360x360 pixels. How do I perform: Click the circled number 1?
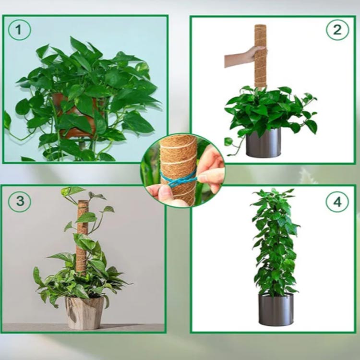[19, 30]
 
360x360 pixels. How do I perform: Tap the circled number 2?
[337, 30]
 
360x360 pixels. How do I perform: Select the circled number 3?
[19, 201]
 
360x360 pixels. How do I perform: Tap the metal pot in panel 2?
[264, 143]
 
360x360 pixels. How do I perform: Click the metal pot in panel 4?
[276, 309]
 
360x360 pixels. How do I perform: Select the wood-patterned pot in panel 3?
[84, 312]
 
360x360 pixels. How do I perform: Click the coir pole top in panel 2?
[260, 26]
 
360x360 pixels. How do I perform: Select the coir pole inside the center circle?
[179, 170]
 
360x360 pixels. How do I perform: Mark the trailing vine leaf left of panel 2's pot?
[228, 142]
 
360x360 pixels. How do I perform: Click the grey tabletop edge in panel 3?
[83, 324]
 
